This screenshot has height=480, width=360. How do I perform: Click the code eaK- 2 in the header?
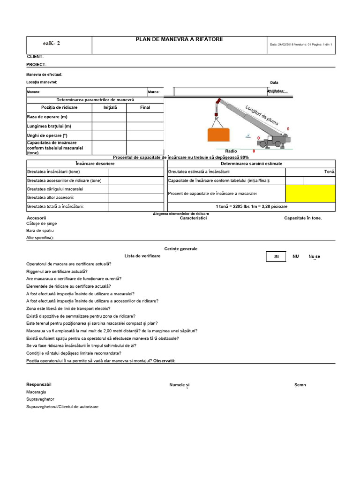[x=52, y=44]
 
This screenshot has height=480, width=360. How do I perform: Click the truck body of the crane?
[x=274, y=141]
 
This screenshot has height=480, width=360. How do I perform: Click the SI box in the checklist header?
[x=276, y=256]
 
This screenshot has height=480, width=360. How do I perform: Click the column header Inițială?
[x=110, y=107]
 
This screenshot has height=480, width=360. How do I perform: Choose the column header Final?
[x=145, y=107]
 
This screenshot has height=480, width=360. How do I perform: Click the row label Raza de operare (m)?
[x=47, y=117]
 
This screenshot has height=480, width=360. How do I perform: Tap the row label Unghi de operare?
[x=47, y=135]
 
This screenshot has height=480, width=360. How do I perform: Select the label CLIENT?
[x=35, y=56]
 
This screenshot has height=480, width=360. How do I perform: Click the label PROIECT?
[x=37, y=64]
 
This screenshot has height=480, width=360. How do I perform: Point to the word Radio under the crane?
[x=231, y=151]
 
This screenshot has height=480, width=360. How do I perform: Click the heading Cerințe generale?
[x=181, y=248]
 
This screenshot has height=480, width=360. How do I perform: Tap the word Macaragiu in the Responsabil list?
[x=37, y=392]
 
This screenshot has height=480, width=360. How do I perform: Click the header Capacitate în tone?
[x=303, y=218]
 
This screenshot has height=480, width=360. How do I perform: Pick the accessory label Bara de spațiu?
[x=40, y=231]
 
